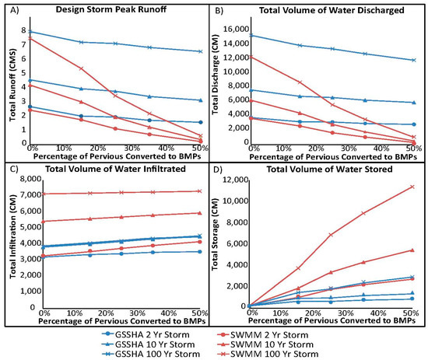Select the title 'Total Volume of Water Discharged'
(x=318, y=9)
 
